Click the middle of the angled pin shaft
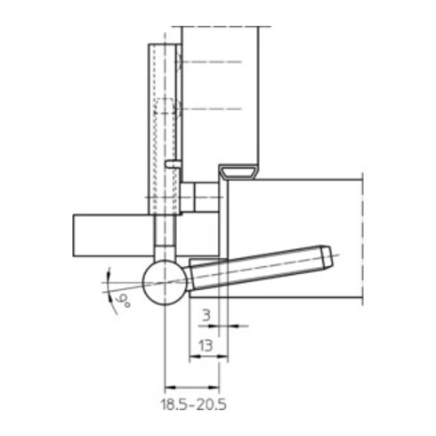(258, 269)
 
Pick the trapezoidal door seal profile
(238, 169)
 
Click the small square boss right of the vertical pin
(199, 197)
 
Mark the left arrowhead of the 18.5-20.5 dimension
(169, 387)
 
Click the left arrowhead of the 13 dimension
(192, 359)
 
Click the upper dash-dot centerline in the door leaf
(211, 61)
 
